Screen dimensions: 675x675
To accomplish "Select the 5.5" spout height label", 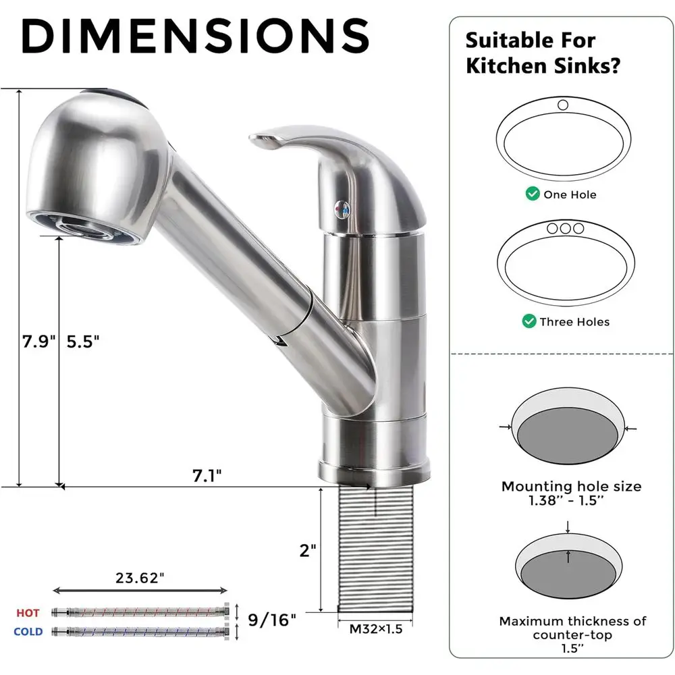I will coord(83,342).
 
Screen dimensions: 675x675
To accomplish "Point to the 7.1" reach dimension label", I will coord(207,476).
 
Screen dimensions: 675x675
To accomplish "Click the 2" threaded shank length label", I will coord(308,550).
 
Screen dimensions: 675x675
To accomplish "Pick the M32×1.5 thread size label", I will coord(375,630).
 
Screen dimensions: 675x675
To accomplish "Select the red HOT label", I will coord(28,613).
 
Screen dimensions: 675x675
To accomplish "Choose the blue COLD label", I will coord(28,632).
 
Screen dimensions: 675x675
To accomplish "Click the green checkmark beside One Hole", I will coord(533,194).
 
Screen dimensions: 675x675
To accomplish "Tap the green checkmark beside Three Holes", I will coord(529,321).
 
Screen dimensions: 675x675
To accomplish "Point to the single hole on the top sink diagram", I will coord(563,105).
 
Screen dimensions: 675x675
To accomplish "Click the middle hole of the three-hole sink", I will coord(565,228).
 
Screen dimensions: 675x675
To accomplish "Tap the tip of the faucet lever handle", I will coord(260,140).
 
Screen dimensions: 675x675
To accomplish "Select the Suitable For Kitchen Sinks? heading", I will coord(543,53).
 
